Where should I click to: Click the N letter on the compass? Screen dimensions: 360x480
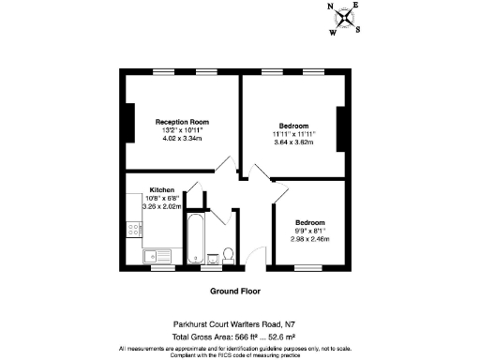[x=330, y=7]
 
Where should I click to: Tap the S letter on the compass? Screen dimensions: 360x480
[x=356, y=28]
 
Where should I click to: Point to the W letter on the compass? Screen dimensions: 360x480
[x=331, y=31]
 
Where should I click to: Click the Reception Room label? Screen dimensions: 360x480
[x=182, y=122]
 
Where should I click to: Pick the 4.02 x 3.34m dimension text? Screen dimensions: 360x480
[x=182, y=140]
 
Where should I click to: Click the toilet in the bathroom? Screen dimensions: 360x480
[x=227, y=254]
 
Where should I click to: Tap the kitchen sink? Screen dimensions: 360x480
[x=157, y=254]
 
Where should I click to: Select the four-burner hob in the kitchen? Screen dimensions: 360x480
[x=131, y=228]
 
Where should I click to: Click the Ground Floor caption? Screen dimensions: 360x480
[x=234, y=292]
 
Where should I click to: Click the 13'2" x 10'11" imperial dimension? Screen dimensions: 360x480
[x=182, y=130]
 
